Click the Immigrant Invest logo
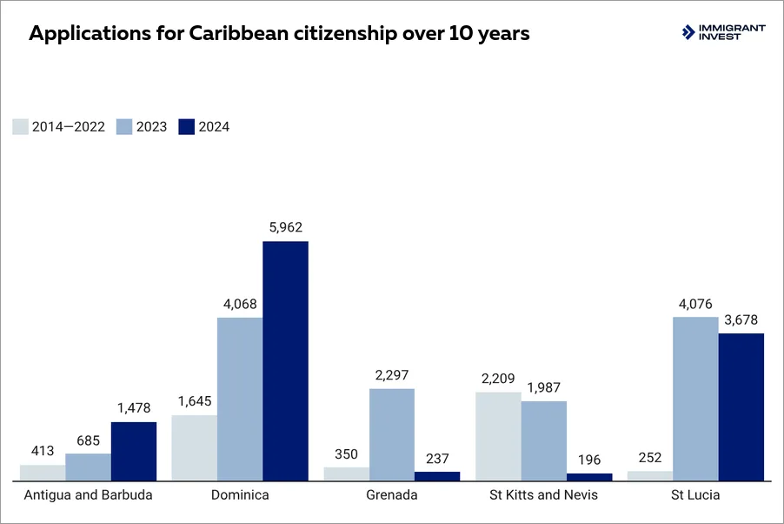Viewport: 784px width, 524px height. pyautogui.click(x=723, y=33)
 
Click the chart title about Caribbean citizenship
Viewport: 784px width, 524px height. pyautogui.click(x=279, y=35)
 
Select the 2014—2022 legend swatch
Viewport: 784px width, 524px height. pyautogui.click(x=21, y=127)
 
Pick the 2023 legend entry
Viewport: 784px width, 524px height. pyautogui.click(x=142, y=127)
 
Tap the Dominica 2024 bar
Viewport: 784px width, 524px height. pyautogui.click(x=285, y=360)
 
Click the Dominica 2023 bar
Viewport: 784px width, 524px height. pyautogui.click(x=240, y=399)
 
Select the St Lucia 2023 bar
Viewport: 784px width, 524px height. pyautogui.click(x=695, y=399)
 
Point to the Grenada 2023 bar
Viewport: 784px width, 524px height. pyautogui.click(x=392, y=434)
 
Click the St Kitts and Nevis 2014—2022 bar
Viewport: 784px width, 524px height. pyautogui.click(x=498, y=436)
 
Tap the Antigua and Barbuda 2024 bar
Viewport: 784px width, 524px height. pyautogui.click(x=134, y=451)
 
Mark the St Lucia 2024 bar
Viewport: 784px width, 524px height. pyautogui.click(x=741, y=406)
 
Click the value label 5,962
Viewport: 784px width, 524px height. pyautogui.click(x=285, y=227)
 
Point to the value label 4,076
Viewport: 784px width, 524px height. pyautogui.click(x=695, y=304)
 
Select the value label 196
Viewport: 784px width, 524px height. pyautogui.click(x=589, y=460)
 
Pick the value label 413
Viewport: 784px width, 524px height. pyautogui.click(x=43, y=451)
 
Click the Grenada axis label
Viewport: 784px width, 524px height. pyautogui.click(x=392, y=495)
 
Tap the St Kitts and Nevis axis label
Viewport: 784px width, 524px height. pyautogui.click(x=544, y=495)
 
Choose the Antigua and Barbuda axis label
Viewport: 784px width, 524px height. pyautogui.click(x=88, y=495)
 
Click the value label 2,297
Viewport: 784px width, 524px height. pyautogui.click(x=392, y=375)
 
